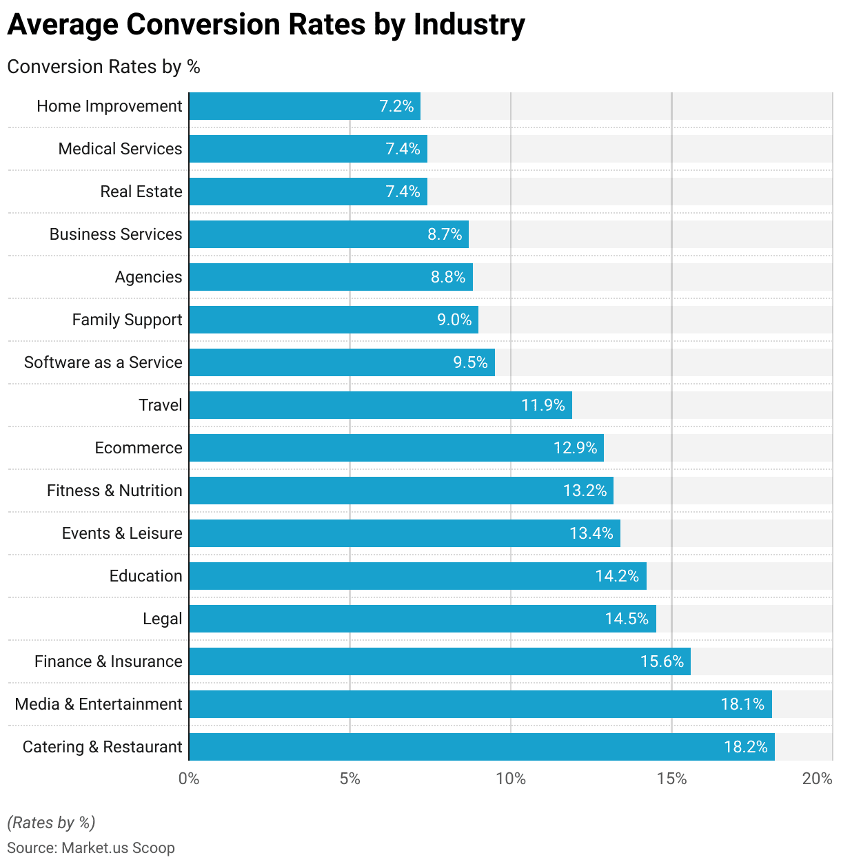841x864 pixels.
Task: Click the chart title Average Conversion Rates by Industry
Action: click(x=266, y=25)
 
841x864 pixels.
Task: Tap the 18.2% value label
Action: click(x=745, y=747)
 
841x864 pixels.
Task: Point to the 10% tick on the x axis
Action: click(x=510, y=779)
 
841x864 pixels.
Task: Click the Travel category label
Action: click(x=160, y=405)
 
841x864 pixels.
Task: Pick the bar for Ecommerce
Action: click(x=396, y=448)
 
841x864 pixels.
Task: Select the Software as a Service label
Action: click(x=103, y=362)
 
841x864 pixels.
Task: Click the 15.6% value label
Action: click(x=662, y=661)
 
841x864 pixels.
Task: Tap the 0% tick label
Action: click(x=188, y=779)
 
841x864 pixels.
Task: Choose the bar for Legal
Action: click(x=422, y=619)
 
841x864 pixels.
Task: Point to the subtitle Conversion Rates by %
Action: click(x=103, y=67)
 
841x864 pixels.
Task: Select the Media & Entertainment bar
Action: click(x=480, y=704)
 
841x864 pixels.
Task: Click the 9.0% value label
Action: click(x=454, y=320)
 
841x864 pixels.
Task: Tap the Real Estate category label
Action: click(x=141, y=192)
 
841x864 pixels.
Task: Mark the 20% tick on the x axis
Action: click(x=818, y=779)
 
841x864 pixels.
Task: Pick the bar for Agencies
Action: click(x=331, y=277)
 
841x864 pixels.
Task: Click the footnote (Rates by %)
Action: click(x=51, y=822)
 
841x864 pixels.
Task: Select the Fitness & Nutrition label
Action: click(x=114, y=491)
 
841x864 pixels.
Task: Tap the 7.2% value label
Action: click(x=396, y=106)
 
